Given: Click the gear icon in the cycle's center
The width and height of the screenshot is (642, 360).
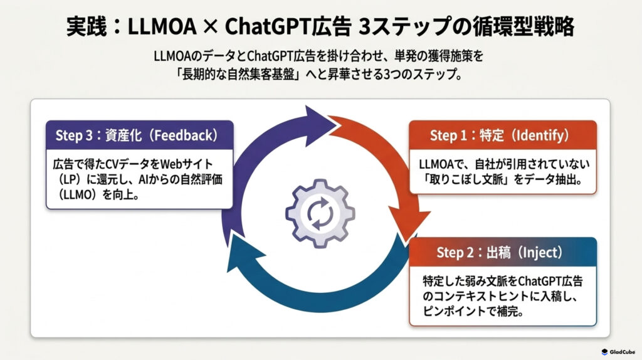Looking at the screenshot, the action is tap(320, 213).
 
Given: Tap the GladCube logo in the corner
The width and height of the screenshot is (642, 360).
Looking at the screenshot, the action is tap(618, 352).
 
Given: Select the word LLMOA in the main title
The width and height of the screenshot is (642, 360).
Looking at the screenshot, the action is tap(162, 26).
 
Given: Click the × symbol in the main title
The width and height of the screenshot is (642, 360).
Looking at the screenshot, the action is tap(211, 27).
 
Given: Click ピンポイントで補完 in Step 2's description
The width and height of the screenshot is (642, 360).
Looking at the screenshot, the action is tap(473, 311).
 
